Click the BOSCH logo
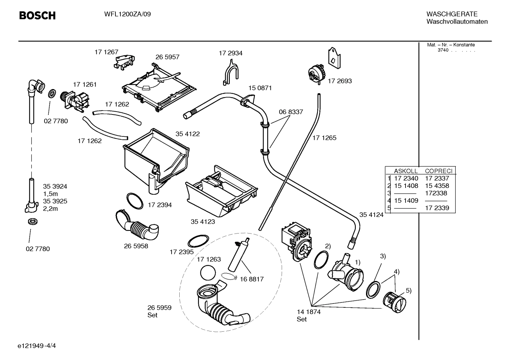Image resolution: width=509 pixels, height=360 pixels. pyautogui.click(x=37, y=16)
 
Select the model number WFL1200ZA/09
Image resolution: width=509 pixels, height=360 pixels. pyautogui.click(x=127, y=14)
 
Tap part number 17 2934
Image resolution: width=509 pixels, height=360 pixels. pyautogui.click(x=230, y=53)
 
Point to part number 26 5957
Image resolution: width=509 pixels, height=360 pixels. pyautogui.click(x=167, y=57)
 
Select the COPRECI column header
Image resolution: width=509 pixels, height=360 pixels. pyautogui.click(x=438, y=171)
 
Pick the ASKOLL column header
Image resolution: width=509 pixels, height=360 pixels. pyautogui.click(x=406, y=171)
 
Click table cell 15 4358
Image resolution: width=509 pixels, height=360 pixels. pyautogui.click(x=437, y=186)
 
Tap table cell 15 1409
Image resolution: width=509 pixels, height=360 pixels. pyautogui.click(x=406, y=201)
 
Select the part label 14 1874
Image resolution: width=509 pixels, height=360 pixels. pyautogui.click(x=309, y=312)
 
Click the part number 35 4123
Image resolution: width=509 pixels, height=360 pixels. pyautogui.click(x=203, y=222)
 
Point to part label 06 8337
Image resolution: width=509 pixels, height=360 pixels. pyautogui.click(x=291, y=112)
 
